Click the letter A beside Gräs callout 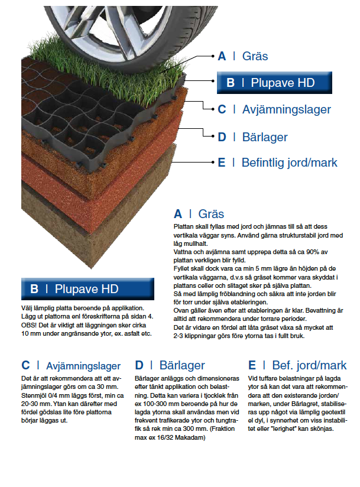[222, 56]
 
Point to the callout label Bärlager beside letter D [264, 137]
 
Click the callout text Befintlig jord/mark [289, 163]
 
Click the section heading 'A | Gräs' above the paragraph [199, 214]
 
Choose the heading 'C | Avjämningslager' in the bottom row [71, 366]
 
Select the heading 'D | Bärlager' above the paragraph [170, 366]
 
